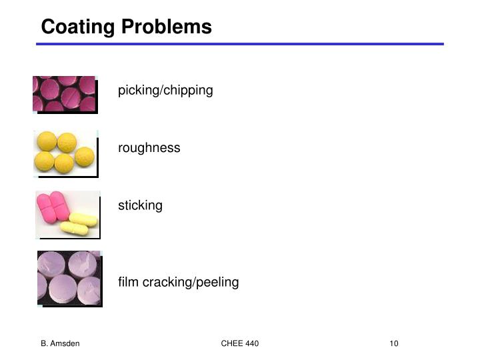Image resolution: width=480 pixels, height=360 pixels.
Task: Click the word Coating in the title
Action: coord(78,27)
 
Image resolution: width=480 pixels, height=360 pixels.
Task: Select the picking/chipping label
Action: coord(165,91)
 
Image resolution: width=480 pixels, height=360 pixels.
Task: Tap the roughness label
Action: coord(149,148)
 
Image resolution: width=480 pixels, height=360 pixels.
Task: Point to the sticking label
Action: coord(140,205)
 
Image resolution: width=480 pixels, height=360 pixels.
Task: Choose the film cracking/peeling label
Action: coord(178,282)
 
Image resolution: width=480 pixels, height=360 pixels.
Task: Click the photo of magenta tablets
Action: coord(64,93)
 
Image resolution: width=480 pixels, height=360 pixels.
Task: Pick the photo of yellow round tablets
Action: coord(65,153)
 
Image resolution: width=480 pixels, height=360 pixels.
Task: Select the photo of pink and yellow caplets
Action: coord(67,213)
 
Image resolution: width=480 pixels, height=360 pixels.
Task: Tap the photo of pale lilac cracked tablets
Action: coord(69,277)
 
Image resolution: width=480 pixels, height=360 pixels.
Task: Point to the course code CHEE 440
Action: coord(239,343)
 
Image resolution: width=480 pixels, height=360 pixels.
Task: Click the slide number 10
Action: coord(393,343)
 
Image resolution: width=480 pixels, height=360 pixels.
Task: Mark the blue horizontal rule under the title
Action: coord(240,44)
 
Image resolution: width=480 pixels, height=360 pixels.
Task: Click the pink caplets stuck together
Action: coord(54,205)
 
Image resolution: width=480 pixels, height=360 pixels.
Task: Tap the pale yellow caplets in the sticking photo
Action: coord(79,224)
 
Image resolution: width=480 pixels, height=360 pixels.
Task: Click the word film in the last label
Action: coord(127,282)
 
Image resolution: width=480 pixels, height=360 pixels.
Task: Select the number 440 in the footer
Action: coord(251,343)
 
